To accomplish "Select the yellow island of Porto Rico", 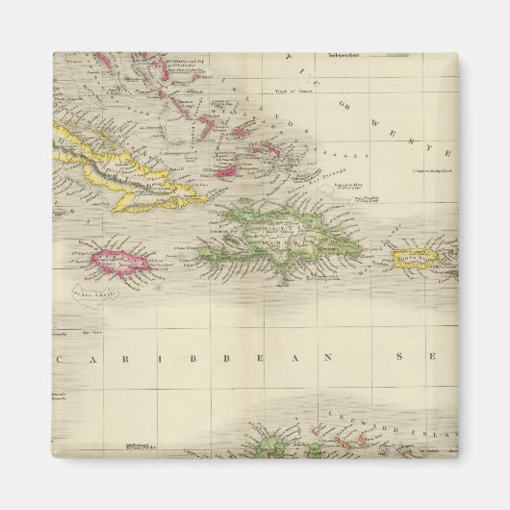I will point(418,256).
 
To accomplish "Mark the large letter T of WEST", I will point(445,154).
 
